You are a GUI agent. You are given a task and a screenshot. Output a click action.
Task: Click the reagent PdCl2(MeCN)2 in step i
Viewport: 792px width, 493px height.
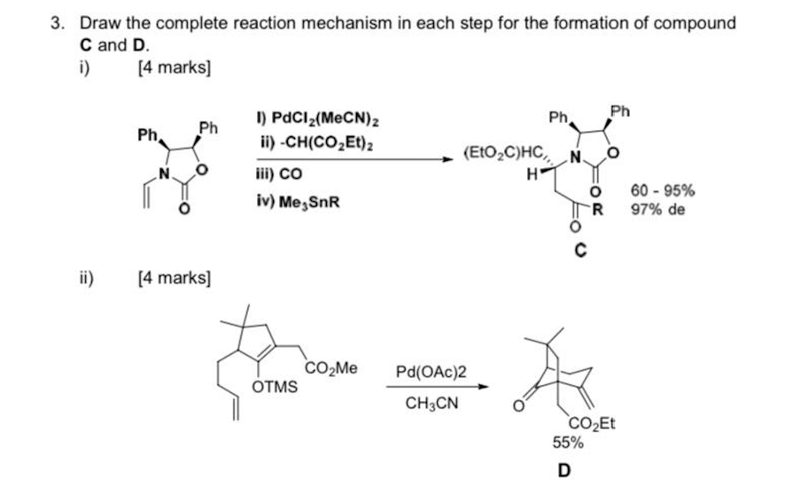pos(329,119)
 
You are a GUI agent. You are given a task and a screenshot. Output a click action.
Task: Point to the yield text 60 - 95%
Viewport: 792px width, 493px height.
pos(662,190)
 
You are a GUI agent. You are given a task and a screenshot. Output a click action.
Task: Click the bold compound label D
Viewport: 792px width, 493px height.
pos(563,469)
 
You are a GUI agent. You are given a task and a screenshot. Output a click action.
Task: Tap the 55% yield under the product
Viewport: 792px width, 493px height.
pos(568,441)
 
